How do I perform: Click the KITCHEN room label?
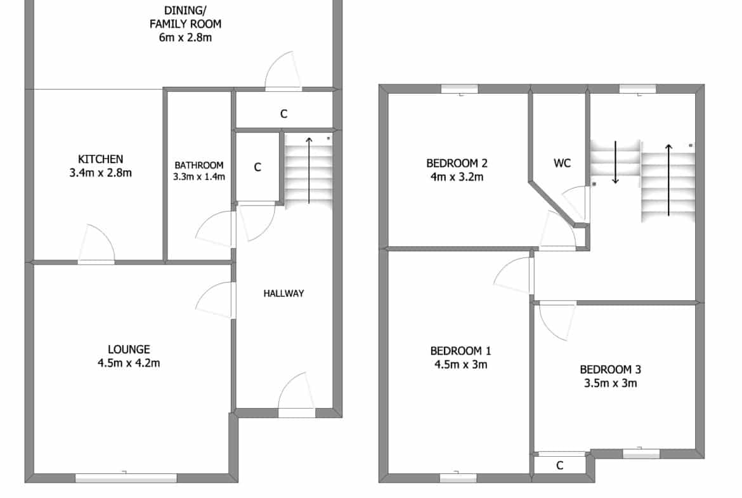coord(100,159)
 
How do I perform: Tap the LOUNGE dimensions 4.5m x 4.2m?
coord(129,363)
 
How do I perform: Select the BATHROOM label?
coord(199,165)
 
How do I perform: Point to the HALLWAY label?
coord(283,294)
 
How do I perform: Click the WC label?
coord(562,163)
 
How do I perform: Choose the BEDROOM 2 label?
coord(457,163)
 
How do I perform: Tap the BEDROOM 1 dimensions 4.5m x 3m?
coord(460,365)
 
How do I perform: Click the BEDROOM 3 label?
coord(611,369)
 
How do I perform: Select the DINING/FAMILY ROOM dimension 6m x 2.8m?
coord(185,37)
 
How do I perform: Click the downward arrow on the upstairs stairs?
coord(615,162)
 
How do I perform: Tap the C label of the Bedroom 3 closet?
coord(560,466)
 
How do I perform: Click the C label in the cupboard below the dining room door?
coord(283,114)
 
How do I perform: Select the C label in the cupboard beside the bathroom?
coord(257,167)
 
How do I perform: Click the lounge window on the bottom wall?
coord(126,478)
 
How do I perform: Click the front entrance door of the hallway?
coord(296,395)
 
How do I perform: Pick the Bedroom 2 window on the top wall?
coord(460,89)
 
